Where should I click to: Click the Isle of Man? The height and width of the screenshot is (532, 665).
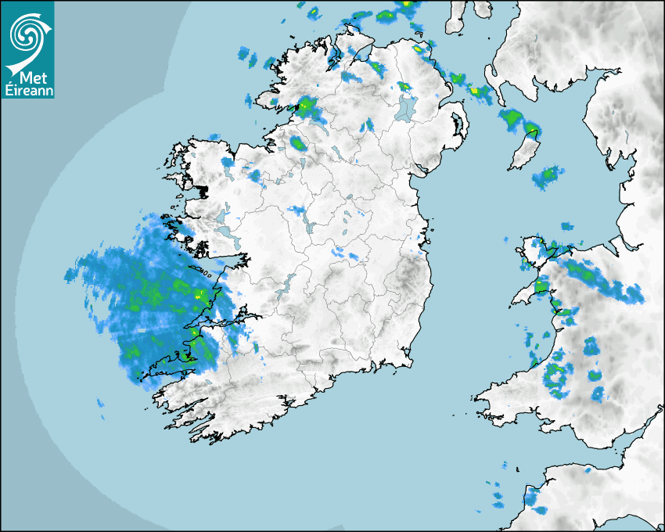(x=523, y=153)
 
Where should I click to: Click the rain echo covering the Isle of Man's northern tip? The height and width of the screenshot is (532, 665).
(x=532, y=130)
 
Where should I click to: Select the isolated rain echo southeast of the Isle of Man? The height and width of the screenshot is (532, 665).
(x=548, y=178)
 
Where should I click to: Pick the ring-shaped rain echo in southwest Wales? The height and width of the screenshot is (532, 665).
(x=556, y=377)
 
